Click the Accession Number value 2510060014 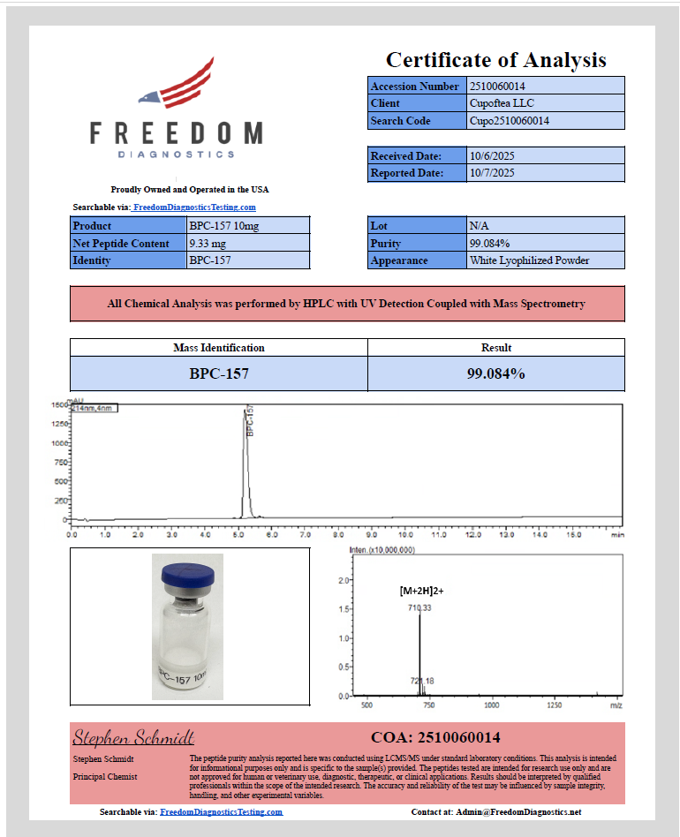pyautogui.click(x=499, y=87)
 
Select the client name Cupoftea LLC pyautogui.click(x=502, y=103)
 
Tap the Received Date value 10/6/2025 pyautogui.click(x=492, y=156)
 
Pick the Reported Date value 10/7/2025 pyautogui.click(x=492, y=173)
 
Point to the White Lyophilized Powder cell pyautogui.click(x=530, y=260)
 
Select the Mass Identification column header pyautogui.click(x=218, y=348)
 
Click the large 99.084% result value pyautogui.click(x=495, y=373)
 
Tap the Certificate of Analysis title pyautogui.click(x=495, y=60)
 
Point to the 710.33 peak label pyautogui.click(x=419, y=608)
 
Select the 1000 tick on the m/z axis pyautogui.click(x=492, y=705)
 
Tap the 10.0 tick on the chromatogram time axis pyautogui.click(x=405, y=534)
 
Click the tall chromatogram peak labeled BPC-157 pyautogui.click(x=246, y=459)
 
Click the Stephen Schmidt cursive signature pyautogui.click(x=133, y=737)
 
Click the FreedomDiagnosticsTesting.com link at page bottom pyautogui.click(x=221, y=811)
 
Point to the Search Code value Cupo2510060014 pyautogui.click(x=510, y=121)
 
